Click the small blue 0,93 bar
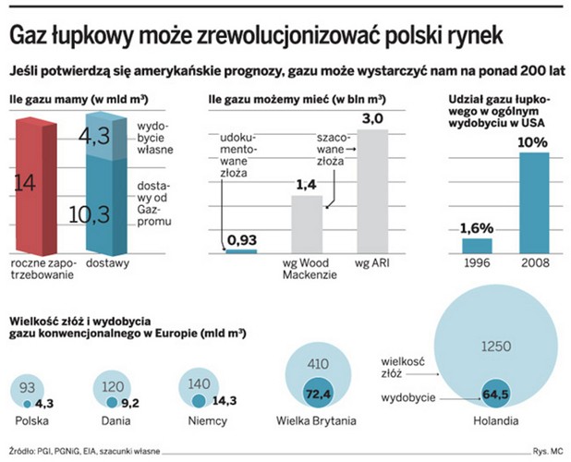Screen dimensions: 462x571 point(241,250)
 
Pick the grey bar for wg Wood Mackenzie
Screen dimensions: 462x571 point(307,224)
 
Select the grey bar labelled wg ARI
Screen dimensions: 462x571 point(372,191)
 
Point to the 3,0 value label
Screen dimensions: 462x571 point(372,118)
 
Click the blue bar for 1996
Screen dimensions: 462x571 point(477,245)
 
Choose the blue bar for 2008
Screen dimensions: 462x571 point(533,202)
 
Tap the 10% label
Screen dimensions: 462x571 point(533,142)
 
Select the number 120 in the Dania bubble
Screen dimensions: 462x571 point(113,388)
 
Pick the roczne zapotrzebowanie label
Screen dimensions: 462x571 point(40,269)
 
